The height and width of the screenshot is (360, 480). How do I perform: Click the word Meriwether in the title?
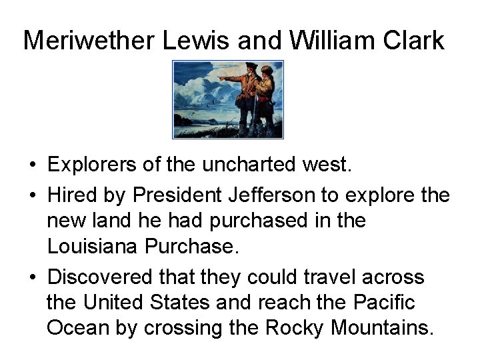(x=89, y=40)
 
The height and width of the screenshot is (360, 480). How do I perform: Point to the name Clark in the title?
(x=413, y=40)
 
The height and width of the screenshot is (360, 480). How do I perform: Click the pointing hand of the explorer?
(x=222, y=77)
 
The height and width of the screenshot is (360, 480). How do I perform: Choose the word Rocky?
(x=293, y=328)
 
